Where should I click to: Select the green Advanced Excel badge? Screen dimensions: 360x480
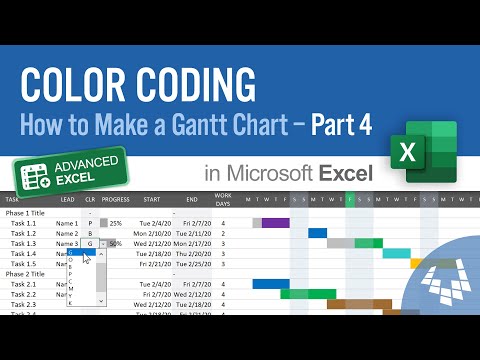[x=71, y=173]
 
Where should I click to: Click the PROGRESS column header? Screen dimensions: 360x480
[x=117, y=199]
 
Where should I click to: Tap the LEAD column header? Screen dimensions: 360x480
[x=66, y=199]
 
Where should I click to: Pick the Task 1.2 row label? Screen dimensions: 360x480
[x=24, y=233]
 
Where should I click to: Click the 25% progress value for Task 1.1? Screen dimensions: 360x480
[x=116, y=223]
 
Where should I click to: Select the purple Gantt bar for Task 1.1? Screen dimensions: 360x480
[x=275, y=223]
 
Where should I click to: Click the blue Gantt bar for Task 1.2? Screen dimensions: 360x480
[x=317, y=233]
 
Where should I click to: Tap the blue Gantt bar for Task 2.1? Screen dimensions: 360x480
[x=270, y=284]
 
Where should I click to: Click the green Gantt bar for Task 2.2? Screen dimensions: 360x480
[x=307, y=294]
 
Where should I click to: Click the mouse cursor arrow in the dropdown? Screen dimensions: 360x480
[x=88, y=259]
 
